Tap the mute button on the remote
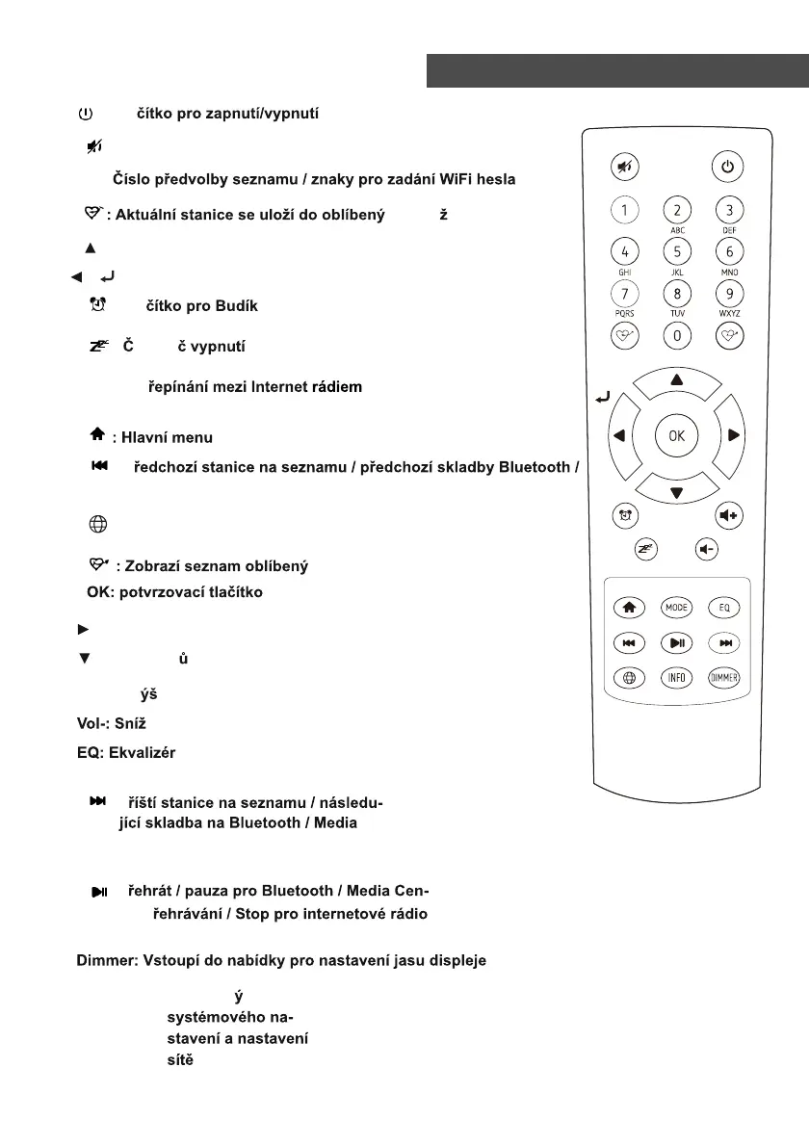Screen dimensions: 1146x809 tap(625, 166)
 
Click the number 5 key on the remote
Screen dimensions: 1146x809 tap(677, 251)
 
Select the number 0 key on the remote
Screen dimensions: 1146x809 tap(677, 335)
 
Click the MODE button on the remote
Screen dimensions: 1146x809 tap(677, 608)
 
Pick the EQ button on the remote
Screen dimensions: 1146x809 tap(725, 608)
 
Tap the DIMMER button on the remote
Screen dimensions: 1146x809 tap(725, 677)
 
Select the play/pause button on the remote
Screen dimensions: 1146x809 tap(677, 642)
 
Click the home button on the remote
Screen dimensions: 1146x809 tap(628, 608)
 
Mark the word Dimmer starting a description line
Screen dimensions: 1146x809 tap(106, 959)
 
